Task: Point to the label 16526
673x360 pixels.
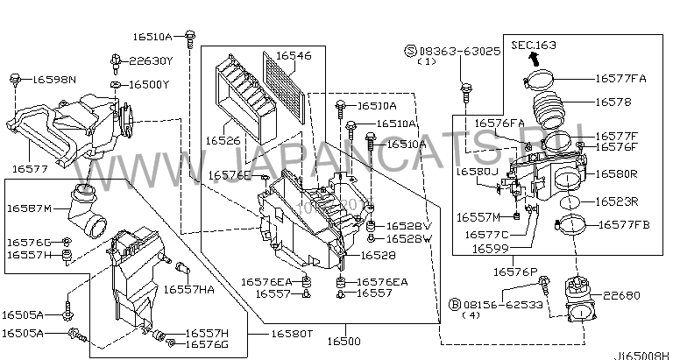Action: point(223,138)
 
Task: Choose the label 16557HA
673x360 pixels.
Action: point(188,288)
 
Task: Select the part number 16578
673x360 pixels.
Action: point(614,102)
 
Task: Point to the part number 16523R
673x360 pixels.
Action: point(620,201)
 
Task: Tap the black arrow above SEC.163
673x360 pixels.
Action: point(532,58)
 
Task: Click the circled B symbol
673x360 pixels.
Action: point(454,304)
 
